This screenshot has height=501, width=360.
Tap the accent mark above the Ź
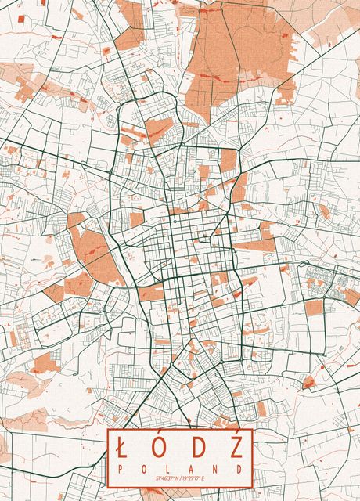pos(237,437)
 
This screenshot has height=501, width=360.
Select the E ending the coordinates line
pos(203,477)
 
